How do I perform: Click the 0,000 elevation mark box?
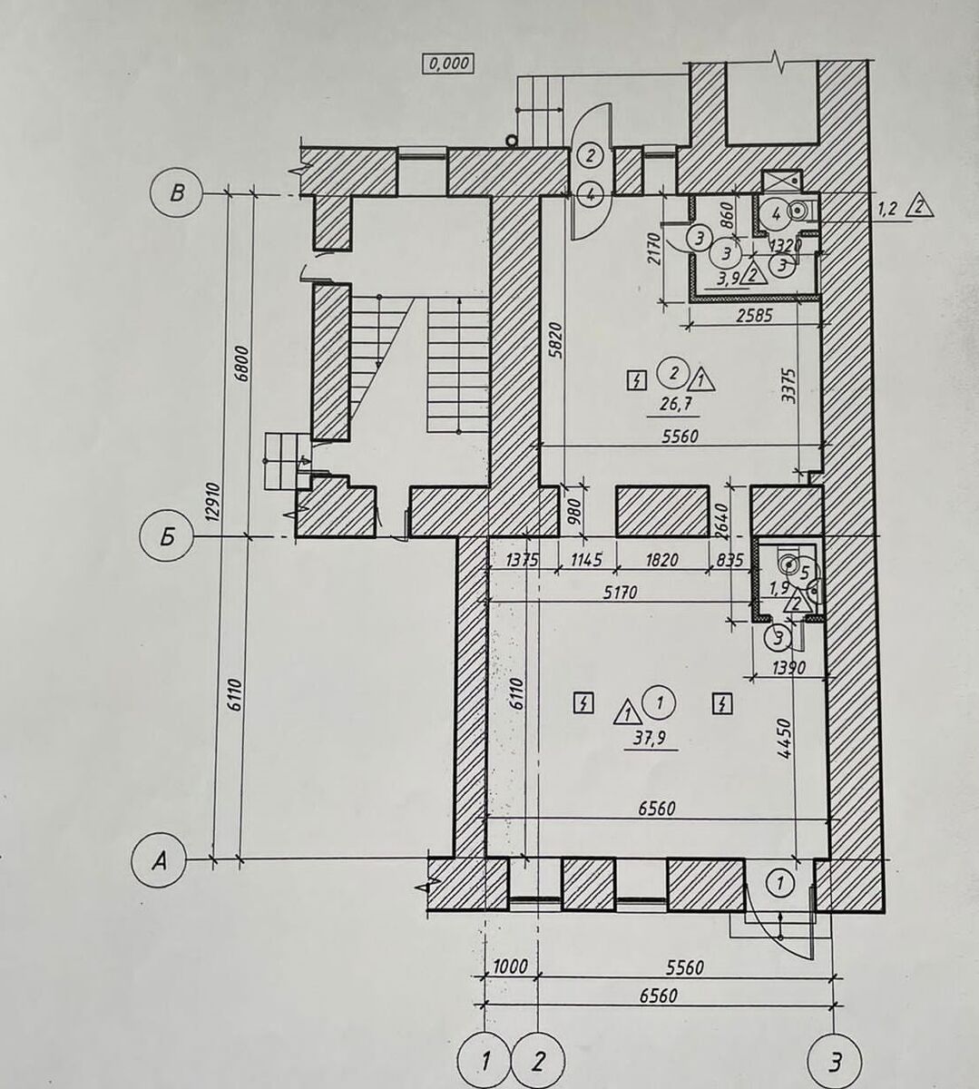pos(448,64)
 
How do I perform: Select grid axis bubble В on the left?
pos(176,194)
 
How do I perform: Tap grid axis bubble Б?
pos(167,537)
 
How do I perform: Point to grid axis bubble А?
pos(159,861)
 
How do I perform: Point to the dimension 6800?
pos(243,363)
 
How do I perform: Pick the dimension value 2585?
pos(754,316)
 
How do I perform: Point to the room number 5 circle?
pos(804,573)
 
